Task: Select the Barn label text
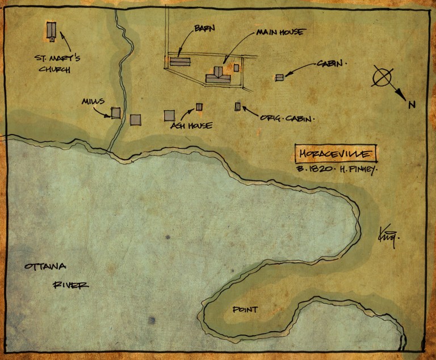click(x=204, y=28)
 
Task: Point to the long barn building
click(x=180, y=61)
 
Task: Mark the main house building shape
click(x=218, y=75)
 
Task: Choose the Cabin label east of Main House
click(x=330, y=64)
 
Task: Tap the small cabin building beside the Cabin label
click(x=279, y=77)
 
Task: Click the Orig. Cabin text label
click(x=287, y=119)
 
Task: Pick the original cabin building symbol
click(x=238, y=106)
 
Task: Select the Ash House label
click(x=191, y=125)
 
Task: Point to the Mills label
click(x=93, y=101)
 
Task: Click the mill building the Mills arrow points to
click(x=116, y=113)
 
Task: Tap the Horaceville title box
click(x=335, y=153)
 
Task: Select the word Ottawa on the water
click(x=46, y=267)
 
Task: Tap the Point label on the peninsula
click(x=245, y=309)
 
